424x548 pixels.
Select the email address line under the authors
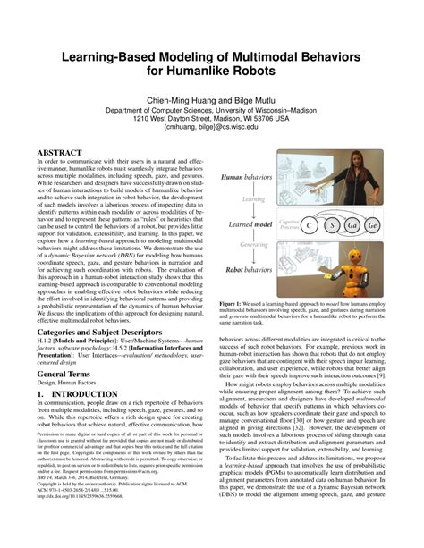pos(212,128)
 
